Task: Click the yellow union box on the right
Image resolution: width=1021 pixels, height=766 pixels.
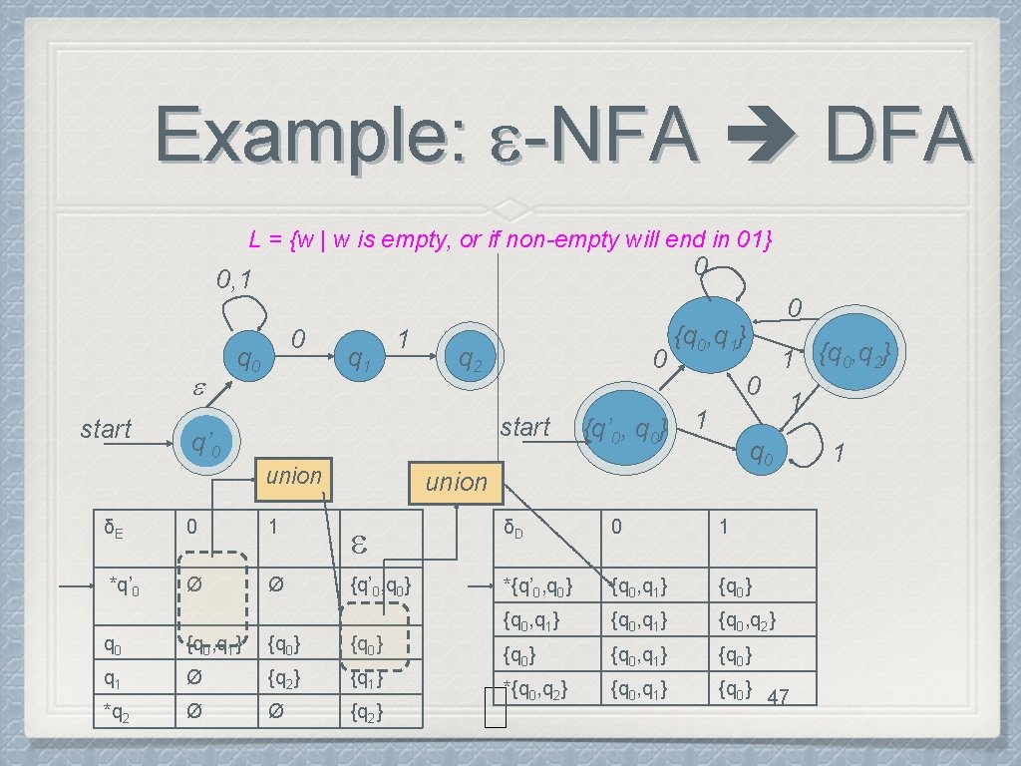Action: point(457,482)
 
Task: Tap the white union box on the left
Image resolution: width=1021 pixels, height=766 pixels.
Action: point(294,476)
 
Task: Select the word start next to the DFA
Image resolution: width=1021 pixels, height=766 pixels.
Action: point(525,427)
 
